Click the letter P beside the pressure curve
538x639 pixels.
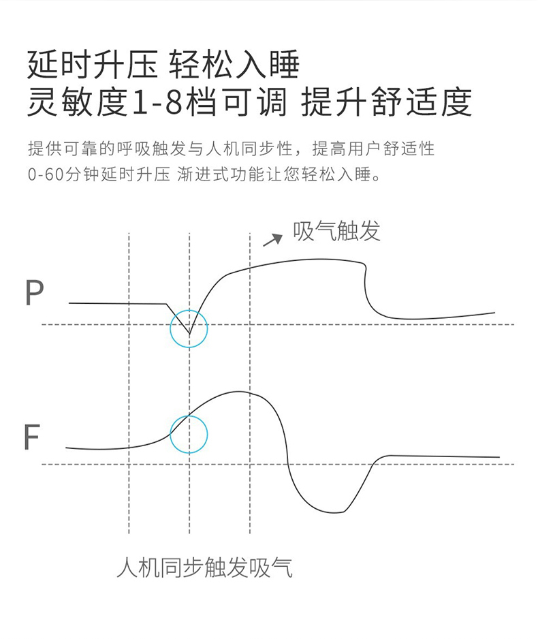pyautogui.click(x=34, y=292)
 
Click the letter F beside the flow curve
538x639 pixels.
pyautogui.click(x=32, y=437)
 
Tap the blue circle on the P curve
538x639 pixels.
pyautogui.click(x=170, y=328)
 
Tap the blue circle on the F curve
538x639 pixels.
pyautogui.click(x=170, y=435)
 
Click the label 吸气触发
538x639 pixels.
pyautogui.click(x=336, y=231)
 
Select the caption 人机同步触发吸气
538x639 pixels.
pyautogui.click(x=204, y=567)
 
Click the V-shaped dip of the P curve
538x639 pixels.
pyautogui.click(x=189, y=333)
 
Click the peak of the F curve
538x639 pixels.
pyautogui.click(x=238, y=392)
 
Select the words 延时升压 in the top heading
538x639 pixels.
pyautogui.click(x=93, y=64)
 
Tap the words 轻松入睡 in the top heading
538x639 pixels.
pyautogui.click(x=234, y=64)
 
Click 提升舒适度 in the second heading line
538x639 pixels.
pyautogui.click(x=387, y=102)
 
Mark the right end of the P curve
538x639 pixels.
pyautogui.click(x=494, y=313)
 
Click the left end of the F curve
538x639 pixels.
pyautogui.click(x=66, y=448)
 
